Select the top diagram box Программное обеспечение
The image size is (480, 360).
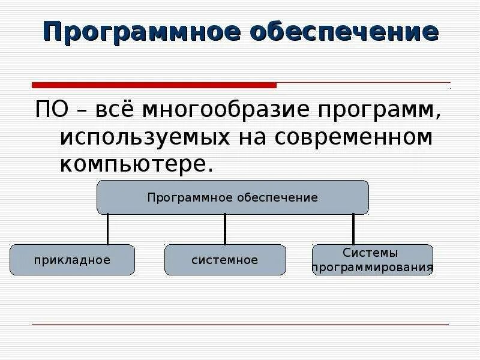point(233,197)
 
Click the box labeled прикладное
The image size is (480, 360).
point(72,260)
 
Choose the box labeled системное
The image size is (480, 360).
point(225,260)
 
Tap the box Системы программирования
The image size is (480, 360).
point(372,260)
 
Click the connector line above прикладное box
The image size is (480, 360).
point(108,229)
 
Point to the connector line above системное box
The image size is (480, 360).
point(225,229)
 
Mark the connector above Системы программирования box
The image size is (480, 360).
point(353,229)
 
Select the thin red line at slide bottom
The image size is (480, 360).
point(240,325)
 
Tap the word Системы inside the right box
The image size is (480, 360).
point(370,253)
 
